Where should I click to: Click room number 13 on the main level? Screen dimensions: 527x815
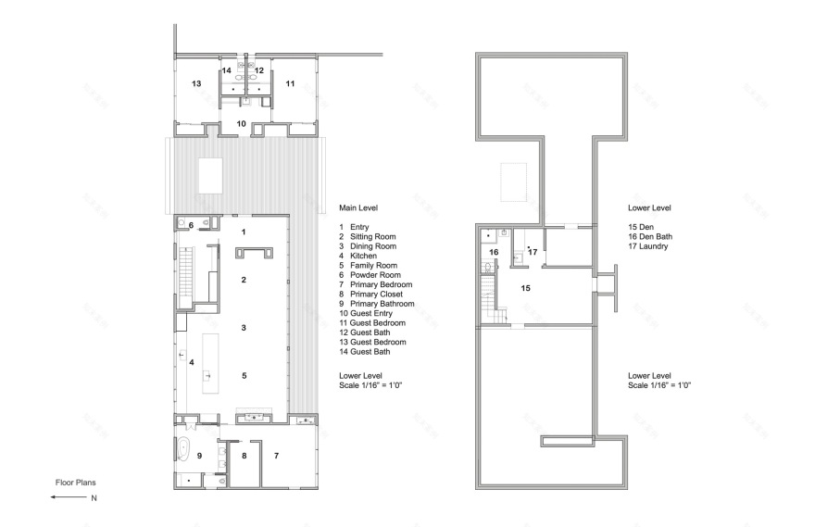[x=197, y=83]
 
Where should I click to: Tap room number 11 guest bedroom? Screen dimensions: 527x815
[x=290, y=83]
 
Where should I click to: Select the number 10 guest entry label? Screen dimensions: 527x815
[x=241, y=123]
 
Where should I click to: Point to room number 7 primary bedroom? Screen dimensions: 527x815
[x=275, y=456]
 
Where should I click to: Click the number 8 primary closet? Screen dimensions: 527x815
[x=244, y=456]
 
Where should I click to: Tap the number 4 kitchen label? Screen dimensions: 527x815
[x=192, y=362]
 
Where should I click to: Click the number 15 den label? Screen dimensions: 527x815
[x=525, y=288]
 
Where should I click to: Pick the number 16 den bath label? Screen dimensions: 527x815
[x=494, y=252]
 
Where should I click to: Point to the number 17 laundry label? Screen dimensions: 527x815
[x=533, y=251]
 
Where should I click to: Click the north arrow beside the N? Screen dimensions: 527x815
[x=69, y=498]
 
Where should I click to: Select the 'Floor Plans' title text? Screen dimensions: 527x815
[x=73, y=483]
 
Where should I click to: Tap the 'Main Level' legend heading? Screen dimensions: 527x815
[x=357, y=208]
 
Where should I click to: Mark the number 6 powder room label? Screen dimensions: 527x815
[x=192, y=225]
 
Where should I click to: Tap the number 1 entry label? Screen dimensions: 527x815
[x=243, y=232]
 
